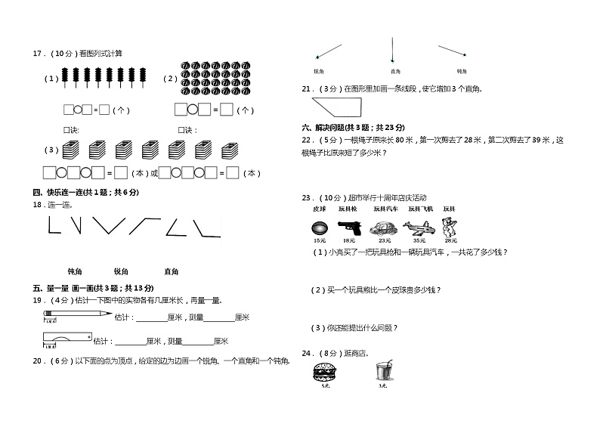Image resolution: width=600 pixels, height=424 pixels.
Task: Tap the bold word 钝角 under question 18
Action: [x=75, y=271]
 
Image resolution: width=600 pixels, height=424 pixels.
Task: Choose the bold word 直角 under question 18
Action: [x=171, y=271]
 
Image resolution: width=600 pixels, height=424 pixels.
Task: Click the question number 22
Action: [x=307, y=140]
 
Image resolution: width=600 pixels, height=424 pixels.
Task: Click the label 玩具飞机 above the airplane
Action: [x=421, y=209]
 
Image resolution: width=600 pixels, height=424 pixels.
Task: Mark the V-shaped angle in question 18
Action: [x=110, y=225]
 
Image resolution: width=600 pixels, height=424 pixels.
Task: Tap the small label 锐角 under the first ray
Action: [x=318, y=71]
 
